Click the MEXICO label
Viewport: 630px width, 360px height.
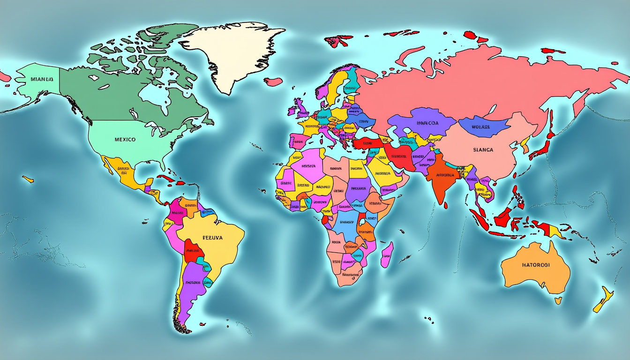click(125, 139)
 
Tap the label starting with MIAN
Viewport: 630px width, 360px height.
click(42, 79)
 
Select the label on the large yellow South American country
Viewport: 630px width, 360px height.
click(212, 238)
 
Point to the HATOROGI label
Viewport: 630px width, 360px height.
click(535, 265)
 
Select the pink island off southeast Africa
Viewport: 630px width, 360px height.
click(386, 255)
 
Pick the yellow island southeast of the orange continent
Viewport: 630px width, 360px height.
click(603, 300)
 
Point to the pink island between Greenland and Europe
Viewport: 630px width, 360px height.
click(273, 82)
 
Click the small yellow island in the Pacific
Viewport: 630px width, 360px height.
click(28, 179)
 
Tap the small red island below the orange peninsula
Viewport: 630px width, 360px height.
click(445, 205)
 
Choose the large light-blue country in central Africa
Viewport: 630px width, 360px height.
click(346, 225)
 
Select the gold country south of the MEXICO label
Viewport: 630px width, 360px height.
click(124, 174)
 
